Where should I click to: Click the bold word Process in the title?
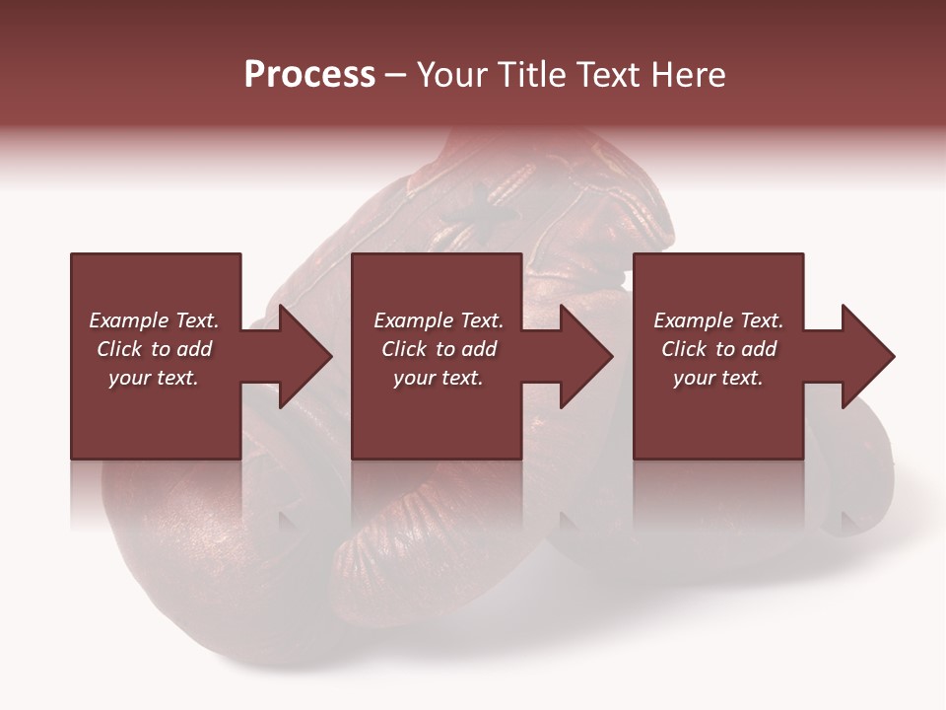(x=309, y=75)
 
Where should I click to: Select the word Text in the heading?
(x=608, y=75)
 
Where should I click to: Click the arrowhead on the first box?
(x=302, y=356)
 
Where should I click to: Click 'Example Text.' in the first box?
(x=154, y=320)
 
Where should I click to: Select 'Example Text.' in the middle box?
(x=438, y=320)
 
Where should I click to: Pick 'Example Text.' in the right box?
(x=718, y=320)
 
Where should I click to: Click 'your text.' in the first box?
(x=154, y=378)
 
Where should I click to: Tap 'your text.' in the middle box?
(x=438, y=378)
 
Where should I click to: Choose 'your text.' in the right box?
(x=718, y=378)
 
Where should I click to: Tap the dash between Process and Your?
(x=395, y=76)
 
